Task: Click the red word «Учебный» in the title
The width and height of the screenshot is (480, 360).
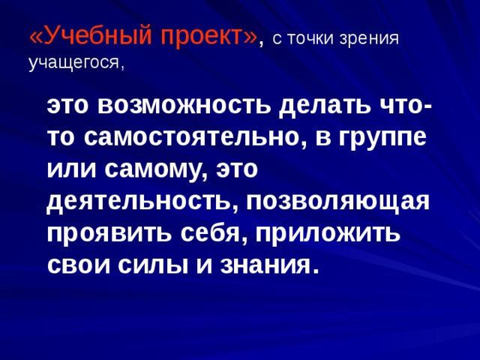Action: pyautogui.click(x=88, y=35)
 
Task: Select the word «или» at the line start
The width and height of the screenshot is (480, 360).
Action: pyautogui.click(x=68, y=170)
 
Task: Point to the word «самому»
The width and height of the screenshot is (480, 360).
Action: pyautogui.click(x=153, y=170)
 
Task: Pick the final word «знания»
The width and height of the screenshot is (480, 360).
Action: pyautogui.click(x=262, y=265)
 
